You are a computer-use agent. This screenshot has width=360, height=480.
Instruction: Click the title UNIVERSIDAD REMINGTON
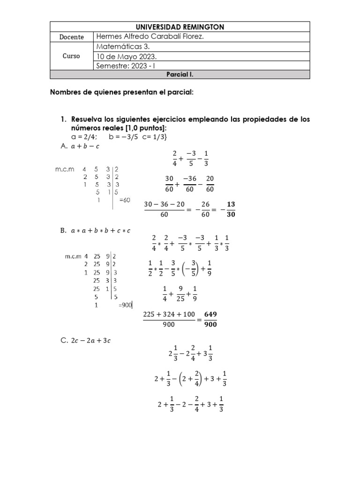180,27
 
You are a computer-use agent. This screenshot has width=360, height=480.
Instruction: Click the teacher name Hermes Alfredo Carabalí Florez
150,37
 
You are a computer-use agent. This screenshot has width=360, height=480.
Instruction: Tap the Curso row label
71,56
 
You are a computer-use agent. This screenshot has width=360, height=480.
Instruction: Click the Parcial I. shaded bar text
180,75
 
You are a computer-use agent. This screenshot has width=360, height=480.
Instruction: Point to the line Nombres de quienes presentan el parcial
122,93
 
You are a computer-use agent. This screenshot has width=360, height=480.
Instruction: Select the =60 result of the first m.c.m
124,200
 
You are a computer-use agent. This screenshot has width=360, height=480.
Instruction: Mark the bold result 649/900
210,319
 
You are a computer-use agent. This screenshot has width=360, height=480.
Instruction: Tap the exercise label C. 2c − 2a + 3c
85,341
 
